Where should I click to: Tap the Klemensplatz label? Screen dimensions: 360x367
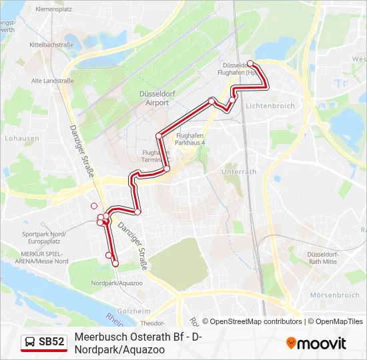pyautogui.click(x=53, y=9)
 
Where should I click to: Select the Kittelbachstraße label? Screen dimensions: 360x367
pyautogui.click(x=51, y=45)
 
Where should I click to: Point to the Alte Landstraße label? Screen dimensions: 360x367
pyautogui.click(x=52, y=81)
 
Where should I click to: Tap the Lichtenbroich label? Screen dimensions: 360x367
pyautogui.click(x=270, y=106)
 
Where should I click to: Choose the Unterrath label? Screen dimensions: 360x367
pyautogui.click(x=238, y=171)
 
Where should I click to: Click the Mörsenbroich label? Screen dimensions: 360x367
pyautogui.click(x=335, y=295)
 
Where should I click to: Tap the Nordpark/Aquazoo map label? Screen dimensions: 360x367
pyautogui.click(x=117, y=283)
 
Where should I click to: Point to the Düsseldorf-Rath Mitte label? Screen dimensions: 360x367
pyautogui.click(x=326, y=259)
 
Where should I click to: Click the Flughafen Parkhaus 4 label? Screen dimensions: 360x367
pyautogui.click(x=190, y=139)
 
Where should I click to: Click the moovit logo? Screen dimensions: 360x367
pyautogui.click(x=316, y=343)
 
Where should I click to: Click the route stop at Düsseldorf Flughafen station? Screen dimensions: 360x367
pyautogui.click(x=250, y=64)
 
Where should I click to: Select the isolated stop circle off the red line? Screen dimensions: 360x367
pyautogui.click(x=94, y=206)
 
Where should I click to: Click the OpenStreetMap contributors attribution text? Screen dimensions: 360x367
pyautogui.click(x=252, y=321)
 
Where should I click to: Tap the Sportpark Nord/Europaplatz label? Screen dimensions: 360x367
pyautogui.click(x=44, y=238)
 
